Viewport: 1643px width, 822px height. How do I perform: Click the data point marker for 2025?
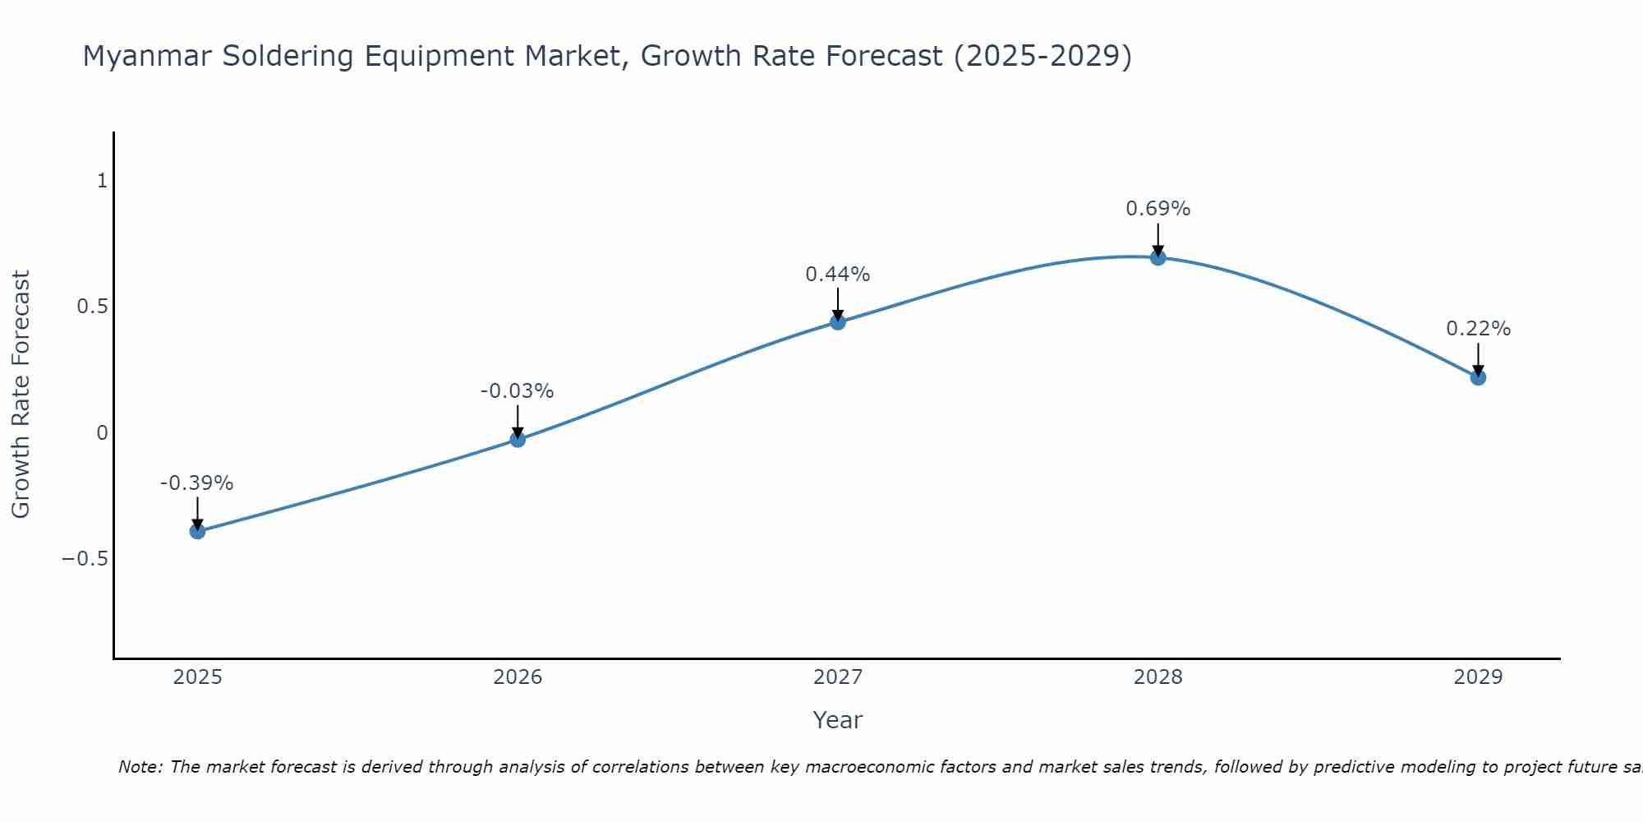[197, 531]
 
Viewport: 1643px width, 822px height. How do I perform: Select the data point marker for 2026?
[518, 440]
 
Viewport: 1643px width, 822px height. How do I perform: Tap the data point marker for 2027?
[838, 321]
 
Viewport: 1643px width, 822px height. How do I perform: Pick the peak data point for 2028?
[1157, 257]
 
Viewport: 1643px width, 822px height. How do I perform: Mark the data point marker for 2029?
[1478, 377]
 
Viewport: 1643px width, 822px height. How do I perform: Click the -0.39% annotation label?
[196, 483]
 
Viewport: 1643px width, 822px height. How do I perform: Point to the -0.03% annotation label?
[517, 391]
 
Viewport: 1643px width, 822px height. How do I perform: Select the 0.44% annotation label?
[837, 275]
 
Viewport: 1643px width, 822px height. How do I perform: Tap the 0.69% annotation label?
[1157, 209]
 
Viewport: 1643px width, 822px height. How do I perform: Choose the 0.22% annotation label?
[1478, 329]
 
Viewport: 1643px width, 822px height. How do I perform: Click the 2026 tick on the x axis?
[518, 677]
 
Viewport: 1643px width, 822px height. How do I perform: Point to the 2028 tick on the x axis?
[1157, 677]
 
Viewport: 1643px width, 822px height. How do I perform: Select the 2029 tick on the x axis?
[1478, 677]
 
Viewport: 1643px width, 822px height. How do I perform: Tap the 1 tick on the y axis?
[102, 181]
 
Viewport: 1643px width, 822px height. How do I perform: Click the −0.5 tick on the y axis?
[85, 559]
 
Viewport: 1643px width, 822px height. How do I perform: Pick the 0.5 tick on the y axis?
[92, 307]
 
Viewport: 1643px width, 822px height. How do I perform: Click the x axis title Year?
[837, 720]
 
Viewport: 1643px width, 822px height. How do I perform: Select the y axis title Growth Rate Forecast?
[21, 395]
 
